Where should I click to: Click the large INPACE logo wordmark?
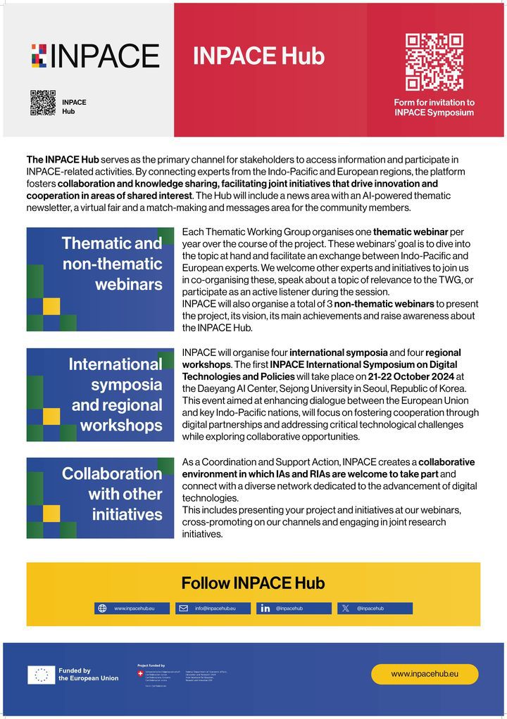click(x=95, y=56)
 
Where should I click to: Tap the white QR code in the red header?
click(x=434, y=62)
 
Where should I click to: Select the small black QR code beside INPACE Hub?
click(x=43, y=103)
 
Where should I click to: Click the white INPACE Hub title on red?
click(x=258, y=56)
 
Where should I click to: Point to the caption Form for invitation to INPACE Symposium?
click(x=434, y=108)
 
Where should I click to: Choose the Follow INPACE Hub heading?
click(x=253, y=583)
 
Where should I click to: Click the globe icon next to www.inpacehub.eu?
click(x=102, y=608)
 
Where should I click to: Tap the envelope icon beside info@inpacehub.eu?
click(x=184, y=608)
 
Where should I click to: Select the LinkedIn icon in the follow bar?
click(x=265, y=608)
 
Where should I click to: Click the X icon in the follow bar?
click(x=345, y=608)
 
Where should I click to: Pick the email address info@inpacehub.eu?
click(x=215, y=608)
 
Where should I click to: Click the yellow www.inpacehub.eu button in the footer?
click(x=425, y=674)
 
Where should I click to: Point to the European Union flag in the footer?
click(x=41, y=675)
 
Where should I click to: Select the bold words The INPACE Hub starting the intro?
click(x=63, y=160)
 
